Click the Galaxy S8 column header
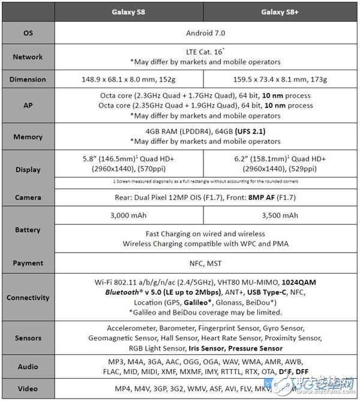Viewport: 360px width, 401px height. pyautogui.click(x=130, y=12)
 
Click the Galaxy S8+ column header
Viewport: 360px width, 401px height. pyautogui.click(x=280, y=12)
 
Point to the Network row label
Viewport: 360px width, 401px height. pyautogui.click(x=28, y=57)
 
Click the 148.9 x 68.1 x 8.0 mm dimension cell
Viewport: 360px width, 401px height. pyautogui.click(x=130, y=80)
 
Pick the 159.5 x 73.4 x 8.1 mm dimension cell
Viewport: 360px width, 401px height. pyautogui.click(x=281, y=80)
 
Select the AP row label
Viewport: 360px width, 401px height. pyautogui.click(x=28, y=106)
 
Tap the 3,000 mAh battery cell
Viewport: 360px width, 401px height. pyautogui.click(x=130, y=216)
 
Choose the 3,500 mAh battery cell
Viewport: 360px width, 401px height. pyautogui.click(x=281, y=216)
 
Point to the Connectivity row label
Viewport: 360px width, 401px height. pyautogui.click(x=28, y=297)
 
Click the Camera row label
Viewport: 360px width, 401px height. pyautogui.click(x=28, y=196)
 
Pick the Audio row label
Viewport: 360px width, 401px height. pyautogui.click(x=28, y=367)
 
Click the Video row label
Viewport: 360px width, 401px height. pyautogui.click(x=28, y=388)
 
